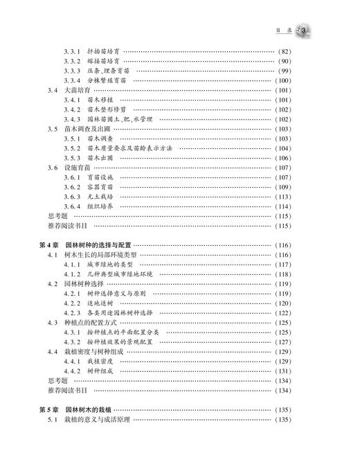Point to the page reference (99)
point(285,71)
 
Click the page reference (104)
point(285,148)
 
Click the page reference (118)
point(285,274)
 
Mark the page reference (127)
point(285,341)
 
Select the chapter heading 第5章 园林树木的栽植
point(85,409)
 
